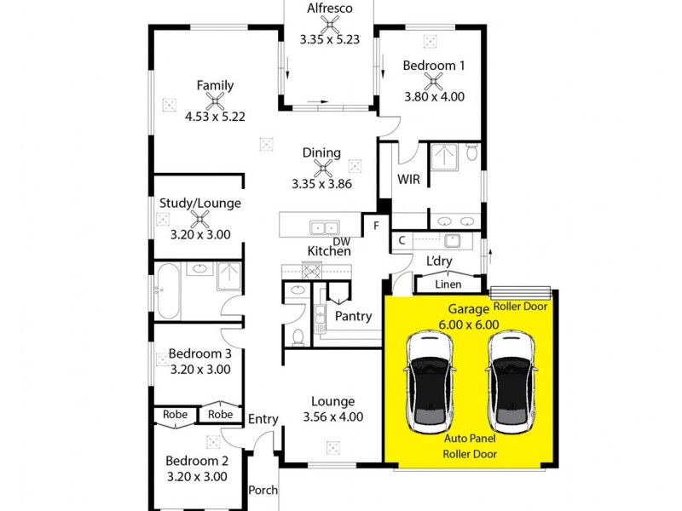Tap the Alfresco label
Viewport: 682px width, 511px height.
329,9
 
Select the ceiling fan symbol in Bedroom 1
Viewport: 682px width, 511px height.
434,81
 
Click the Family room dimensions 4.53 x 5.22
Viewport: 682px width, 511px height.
215,117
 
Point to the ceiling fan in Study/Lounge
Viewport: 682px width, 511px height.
201,218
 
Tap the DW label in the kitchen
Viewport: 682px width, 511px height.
341,242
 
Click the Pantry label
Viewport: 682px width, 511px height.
353,316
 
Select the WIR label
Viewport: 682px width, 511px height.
407,180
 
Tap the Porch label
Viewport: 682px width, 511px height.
263,491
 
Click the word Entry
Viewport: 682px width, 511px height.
263,418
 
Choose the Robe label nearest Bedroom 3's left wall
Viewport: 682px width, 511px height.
175,415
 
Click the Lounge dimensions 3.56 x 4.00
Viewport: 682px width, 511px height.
332,416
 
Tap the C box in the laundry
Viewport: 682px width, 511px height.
401,242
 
